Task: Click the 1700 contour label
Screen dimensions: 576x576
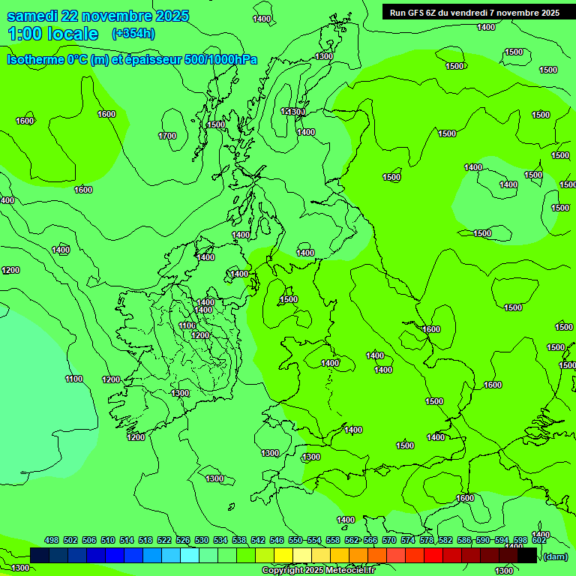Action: coord(167,136)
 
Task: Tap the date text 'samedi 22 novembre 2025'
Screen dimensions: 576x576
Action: coord(97,16)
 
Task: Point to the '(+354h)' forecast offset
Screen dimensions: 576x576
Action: coord(133,34)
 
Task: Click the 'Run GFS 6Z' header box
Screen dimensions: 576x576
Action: coord(475,13)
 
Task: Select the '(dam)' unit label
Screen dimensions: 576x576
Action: coord(555,556)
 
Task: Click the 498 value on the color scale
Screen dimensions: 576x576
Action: coord(52,540)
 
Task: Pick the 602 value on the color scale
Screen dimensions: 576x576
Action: coord(539,540)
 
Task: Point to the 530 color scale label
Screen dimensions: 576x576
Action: coord(202,540)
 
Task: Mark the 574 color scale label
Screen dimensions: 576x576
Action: coord(408,540)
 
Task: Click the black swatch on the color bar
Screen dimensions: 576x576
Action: coord(527,556)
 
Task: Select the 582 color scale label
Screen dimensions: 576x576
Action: coord(445,540)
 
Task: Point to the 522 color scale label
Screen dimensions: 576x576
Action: coord(164,540)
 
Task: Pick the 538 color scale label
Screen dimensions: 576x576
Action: coord(239,540)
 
